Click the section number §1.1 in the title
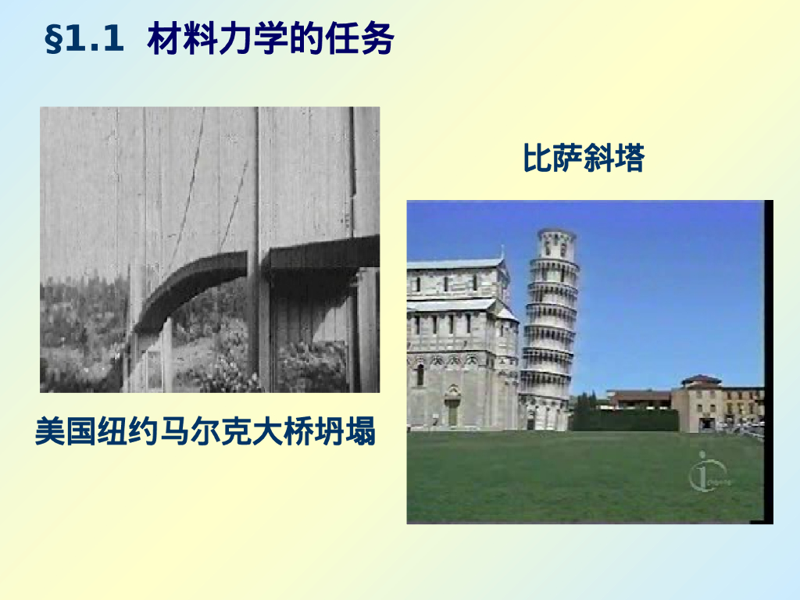coord(85,40)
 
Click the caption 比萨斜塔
coord(583,159)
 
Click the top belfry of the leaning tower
coord(557,245)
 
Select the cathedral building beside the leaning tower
coord(461,344)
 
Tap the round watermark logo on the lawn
coord(706,473)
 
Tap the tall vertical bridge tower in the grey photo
coord(253,250)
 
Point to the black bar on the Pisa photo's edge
coord(769,359)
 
